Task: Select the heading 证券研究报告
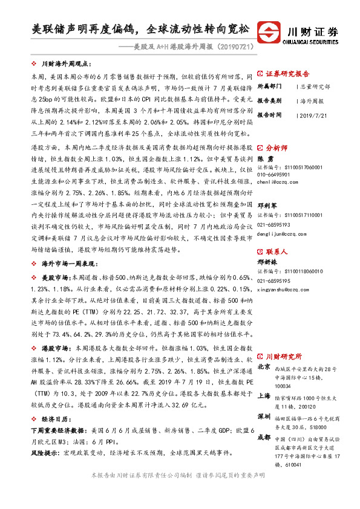pyautogui.click(x=287, y=71)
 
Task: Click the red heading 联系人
pyautogui.click(x=278, y=234)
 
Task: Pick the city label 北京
pyautogui.click(x=264, y=366)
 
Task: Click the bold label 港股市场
pyautogui.click(x=56, y=349)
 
